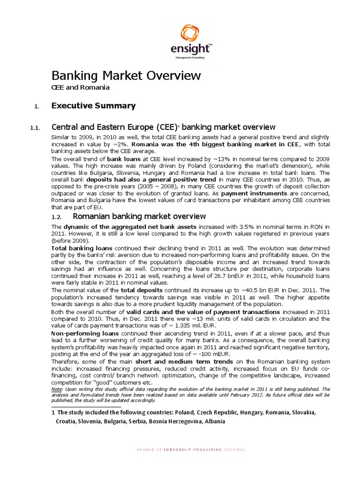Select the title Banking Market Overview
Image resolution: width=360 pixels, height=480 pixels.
[x=126, y=75]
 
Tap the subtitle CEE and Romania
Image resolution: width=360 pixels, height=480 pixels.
[x=80, y=87]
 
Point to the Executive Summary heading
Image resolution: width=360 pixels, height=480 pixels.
[x=93, y=106]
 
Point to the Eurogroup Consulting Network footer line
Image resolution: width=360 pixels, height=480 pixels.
[x=190, y=450]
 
